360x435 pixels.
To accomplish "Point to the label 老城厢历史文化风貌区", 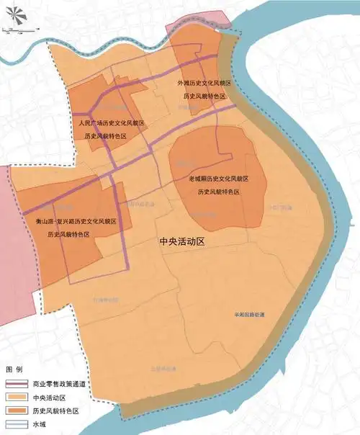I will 219,179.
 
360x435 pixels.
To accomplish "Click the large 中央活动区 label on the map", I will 182,243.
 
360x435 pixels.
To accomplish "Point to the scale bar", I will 19,30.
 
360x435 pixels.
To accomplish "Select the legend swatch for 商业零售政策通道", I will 17,384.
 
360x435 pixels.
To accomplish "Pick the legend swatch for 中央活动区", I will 17,398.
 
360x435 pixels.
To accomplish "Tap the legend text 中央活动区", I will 50,398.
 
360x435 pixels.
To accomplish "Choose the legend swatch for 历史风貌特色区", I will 17,411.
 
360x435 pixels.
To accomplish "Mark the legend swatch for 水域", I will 17,425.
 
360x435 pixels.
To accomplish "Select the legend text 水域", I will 40,425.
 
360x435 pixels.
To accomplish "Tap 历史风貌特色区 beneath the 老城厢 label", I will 220,192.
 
